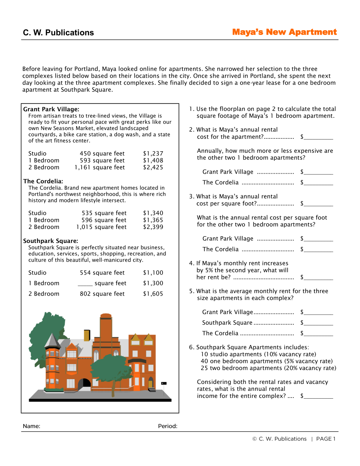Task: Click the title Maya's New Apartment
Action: (x=284, y=32)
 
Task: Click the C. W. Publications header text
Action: (x=58, y=33)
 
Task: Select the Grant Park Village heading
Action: (x=51, y=109)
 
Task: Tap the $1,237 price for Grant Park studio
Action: (x=153, y=153)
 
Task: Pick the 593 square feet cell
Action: (x=102, y=160)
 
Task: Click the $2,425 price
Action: (x=153, y=167)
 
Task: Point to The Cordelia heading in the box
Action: (x=43, y=181)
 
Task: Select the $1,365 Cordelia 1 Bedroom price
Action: (x=153, y=220)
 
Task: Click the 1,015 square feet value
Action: (x=101, y=227)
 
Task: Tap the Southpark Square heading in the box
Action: (x=51, y=241)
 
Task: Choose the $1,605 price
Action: (x=153, y=294)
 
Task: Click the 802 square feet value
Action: (x=102, y=294)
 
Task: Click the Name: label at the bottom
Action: (x=32, y=426)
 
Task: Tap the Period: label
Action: (x=168, y=426)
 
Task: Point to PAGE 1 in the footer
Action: (x=326, y=439)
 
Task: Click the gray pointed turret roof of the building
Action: (x=53, y=340)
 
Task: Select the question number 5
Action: (x=191, y=291)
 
